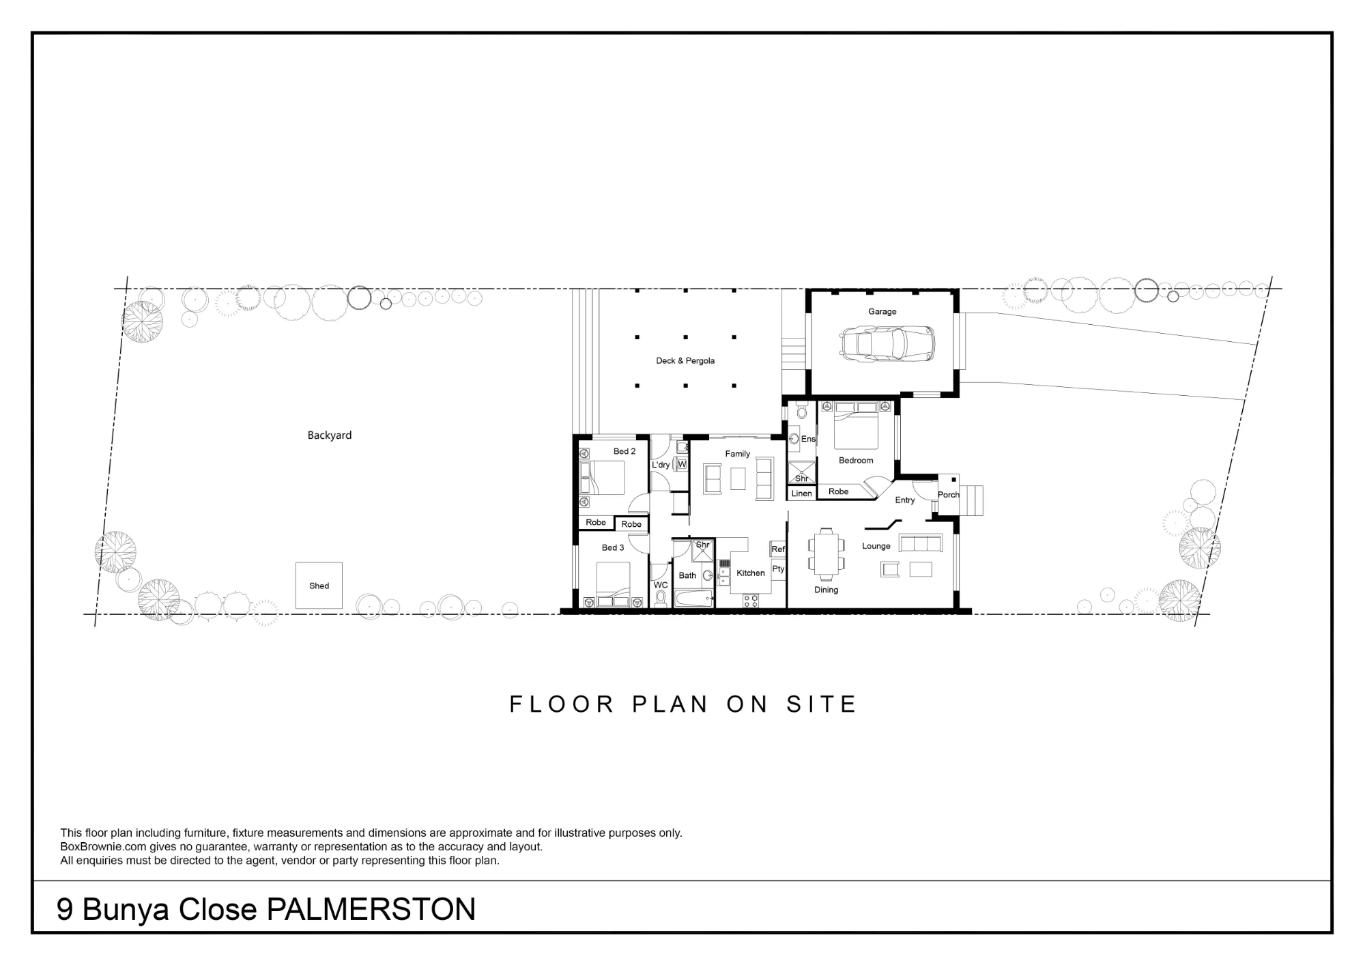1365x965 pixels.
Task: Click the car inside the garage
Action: [887, 343]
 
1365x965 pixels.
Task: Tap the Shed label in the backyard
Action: [319, 586]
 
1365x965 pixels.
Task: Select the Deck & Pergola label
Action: [685, 361]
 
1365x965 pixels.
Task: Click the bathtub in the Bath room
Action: [694, 599]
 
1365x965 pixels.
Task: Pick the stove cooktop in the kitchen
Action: [751, 601]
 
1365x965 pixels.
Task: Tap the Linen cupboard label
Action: [802, 493]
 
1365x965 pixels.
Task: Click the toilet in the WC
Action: [660, 599]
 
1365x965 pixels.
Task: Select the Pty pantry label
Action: [778, 569]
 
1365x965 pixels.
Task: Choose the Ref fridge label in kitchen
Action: [778, 549]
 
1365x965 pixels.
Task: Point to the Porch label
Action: [949, 495]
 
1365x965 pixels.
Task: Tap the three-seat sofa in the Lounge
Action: [921, 543]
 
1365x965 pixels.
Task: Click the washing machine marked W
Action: [680, 464]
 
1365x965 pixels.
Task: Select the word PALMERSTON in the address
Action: [371, 910]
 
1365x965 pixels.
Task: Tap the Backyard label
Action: [330, 435]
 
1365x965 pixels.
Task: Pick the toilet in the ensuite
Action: [801, 411]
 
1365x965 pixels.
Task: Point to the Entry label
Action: [905, 500]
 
